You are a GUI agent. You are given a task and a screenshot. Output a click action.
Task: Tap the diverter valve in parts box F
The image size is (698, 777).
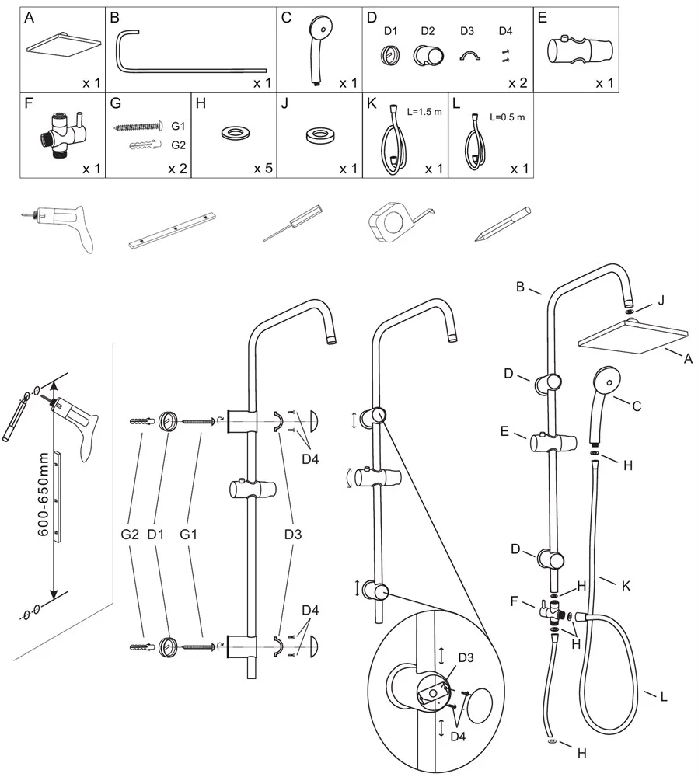click(x=61, y=134)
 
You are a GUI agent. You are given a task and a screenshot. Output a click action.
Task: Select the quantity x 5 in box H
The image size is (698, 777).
click(x=260, y=168)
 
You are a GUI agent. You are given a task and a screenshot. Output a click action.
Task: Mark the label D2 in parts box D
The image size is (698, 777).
click(x=427, y=31)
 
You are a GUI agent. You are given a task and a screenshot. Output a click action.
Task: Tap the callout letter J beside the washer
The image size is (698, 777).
click(x=661, y=301)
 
